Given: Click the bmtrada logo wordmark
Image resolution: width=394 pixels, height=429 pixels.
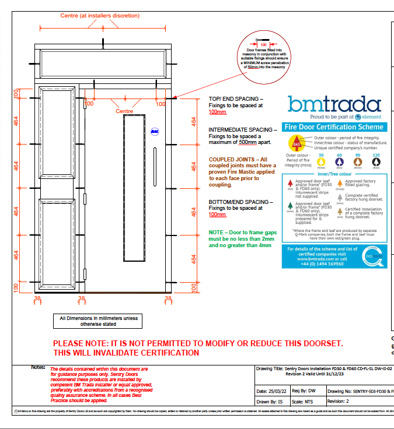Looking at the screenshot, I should [x=333, y=104].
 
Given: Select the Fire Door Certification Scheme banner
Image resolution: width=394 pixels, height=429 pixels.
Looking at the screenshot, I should [x=333, y=127].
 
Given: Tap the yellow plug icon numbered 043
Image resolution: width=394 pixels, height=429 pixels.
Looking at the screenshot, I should [x=297, y=143].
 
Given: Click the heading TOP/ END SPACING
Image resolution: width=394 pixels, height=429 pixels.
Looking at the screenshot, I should [x=236, y=99].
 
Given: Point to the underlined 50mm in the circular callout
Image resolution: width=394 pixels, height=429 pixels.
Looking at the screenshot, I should [x=253, y=67].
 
